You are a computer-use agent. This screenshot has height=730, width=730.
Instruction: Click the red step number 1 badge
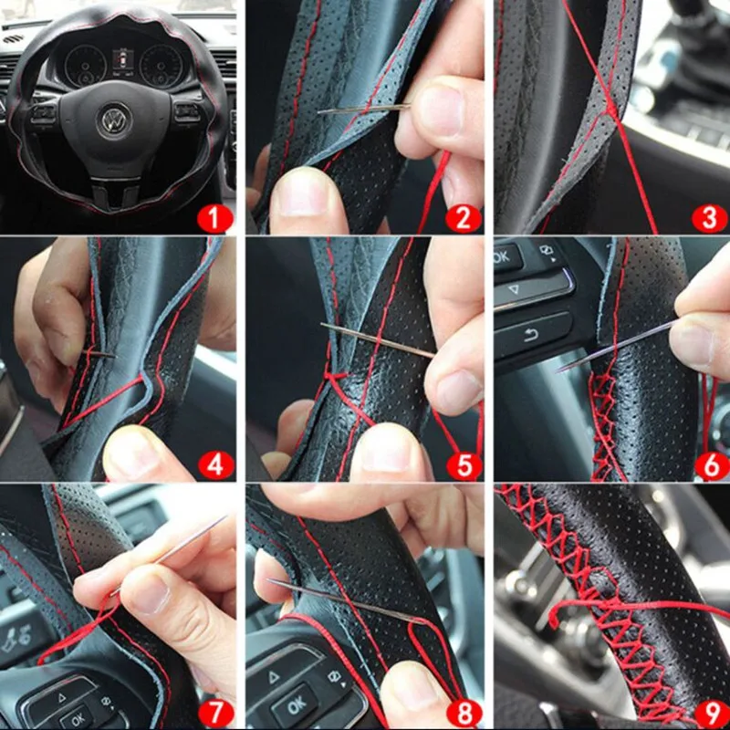pyautogui.click(x=214, y=218)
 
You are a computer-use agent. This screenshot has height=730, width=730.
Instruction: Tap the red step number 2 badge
pyautogui.click(x=464, y=218)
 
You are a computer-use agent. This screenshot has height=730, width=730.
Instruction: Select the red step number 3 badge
pyautogui.click(x=710, y=218)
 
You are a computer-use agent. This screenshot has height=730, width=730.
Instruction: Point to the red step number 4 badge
pyautogui.click(x=216, y=464)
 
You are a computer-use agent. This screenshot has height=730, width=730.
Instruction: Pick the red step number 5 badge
pyautogui.click(x=464, y=465)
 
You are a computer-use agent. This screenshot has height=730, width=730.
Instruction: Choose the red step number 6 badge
pyautogui.click(x=712, y=466)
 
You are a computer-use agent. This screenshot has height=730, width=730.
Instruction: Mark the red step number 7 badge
pyautogui.click(x=215, y=713)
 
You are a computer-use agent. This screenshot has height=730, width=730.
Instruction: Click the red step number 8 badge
pyautogui.click(x=464, y=713)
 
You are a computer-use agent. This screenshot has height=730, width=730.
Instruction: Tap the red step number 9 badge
pyautogui.click(x=712, y=713)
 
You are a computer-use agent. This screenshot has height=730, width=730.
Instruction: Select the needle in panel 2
pyautogui.click(x=363, y=109)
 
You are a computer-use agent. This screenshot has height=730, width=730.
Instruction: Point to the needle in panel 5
pyautogui.click(x=378, y=340)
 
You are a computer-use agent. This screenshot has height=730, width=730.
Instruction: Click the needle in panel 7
pyautogui.click(x=169, y=555)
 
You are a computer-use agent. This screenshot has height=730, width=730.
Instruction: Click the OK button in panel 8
pyautogui.click(x=297, y=705)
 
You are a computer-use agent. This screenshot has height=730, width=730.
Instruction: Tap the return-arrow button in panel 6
pyautogui.click(x=533, y=335)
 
